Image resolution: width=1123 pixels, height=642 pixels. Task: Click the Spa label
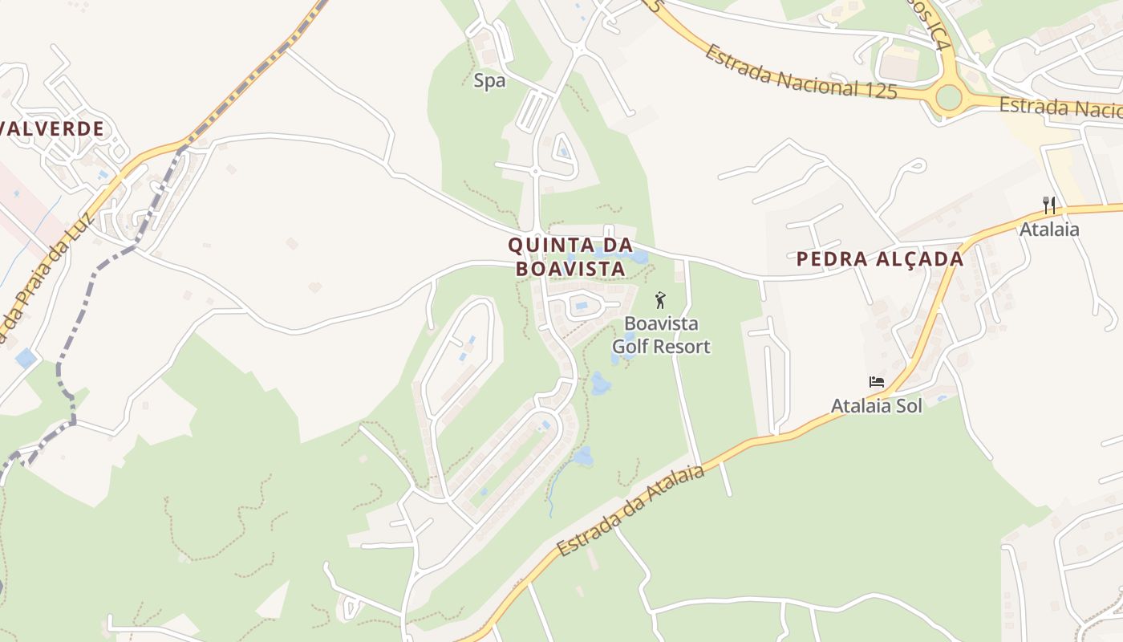click(489, 80)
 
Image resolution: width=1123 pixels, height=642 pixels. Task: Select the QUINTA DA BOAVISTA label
click(570, 257)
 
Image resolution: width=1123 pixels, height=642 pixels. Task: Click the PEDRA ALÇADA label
click(879, 259)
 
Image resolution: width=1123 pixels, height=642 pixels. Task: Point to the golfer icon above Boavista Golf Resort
click(660, 301)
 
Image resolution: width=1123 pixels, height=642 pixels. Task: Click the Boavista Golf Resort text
click(661, 335)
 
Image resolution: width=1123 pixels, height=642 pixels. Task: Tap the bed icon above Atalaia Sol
click(876, 382)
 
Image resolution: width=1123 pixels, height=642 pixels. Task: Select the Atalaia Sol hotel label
click(876, 406)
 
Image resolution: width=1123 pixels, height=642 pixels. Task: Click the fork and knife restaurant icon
click(1048, 205)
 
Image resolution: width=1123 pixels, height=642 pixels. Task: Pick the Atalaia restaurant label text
click(1049, 230)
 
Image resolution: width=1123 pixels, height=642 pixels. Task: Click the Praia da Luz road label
click(44, 273)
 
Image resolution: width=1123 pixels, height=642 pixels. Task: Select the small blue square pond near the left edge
click(25, 358)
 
